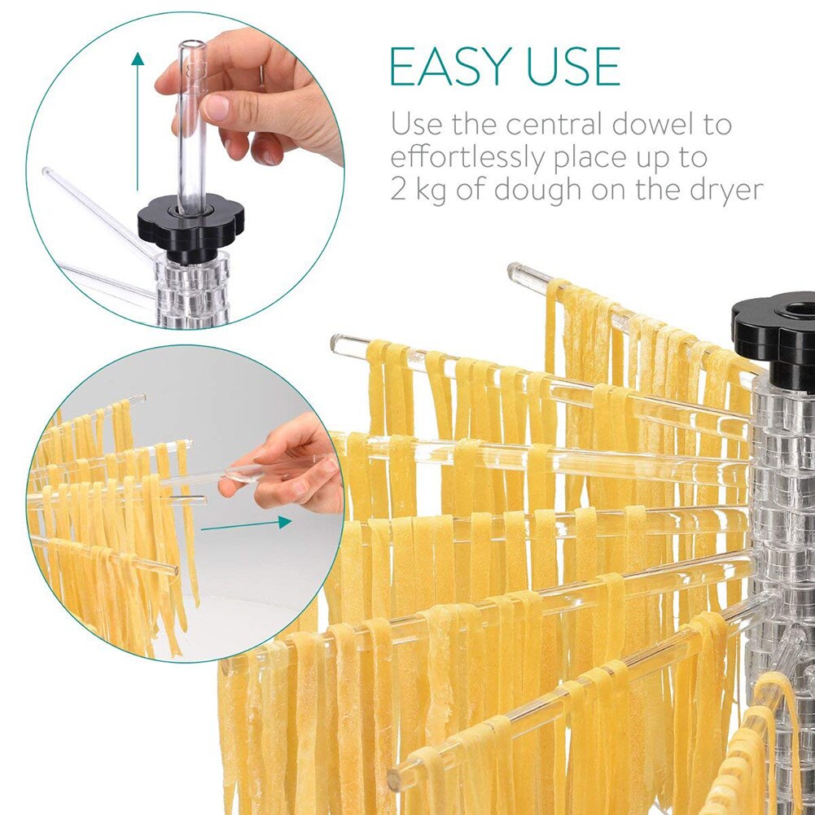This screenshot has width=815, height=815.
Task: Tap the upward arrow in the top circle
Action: coord(138,122)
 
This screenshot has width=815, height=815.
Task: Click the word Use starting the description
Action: coord(416,125)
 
